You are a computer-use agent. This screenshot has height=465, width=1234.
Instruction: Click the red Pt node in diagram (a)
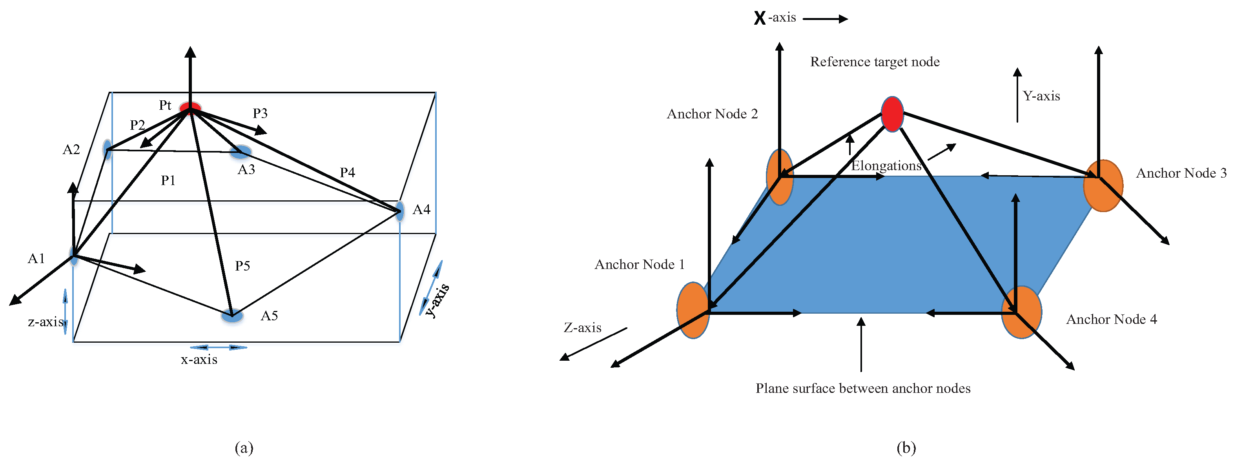click(x=190, y=107)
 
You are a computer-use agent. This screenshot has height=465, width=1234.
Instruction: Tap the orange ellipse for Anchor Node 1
click(x=693, y=310)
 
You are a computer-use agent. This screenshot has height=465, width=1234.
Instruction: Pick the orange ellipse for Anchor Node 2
click(x=779, y=177)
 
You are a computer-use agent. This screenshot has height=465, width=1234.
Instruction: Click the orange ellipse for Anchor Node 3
click(x=1103, y=186)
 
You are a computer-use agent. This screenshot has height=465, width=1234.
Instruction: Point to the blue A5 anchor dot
click(x=232, y=316)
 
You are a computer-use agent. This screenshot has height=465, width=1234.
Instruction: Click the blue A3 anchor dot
click(x=241, y=152)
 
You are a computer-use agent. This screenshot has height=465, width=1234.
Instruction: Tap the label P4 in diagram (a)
click(x=347, y=173)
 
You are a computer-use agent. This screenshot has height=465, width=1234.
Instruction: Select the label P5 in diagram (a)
click(x=242, y=266)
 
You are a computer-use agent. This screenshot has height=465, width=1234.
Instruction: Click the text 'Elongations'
click(x=886, y=166)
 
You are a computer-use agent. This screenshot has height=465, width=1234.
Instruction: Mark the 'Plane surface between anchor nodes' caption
click(x=863, y=389)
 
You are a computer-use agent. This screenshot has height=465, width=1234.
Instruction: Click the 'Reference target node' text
click(x=875, y=62)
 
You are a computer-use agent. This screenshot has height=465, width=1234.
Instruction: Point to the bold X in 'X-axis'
click(x=759, y=18)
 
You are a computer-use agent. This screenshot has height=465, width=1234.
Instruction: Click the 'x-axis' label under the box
click(x=199, y=360)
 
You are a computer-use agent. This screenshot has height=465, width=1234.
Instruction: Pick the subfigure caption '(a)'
click(x=244, y=448)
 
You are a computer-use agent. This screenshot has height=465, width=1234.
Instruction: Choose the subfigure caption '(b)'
click(x=906, y=448)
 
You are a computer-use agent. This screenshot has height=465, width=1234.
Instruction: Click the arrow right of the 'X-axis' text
click(x=825, y=19)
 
